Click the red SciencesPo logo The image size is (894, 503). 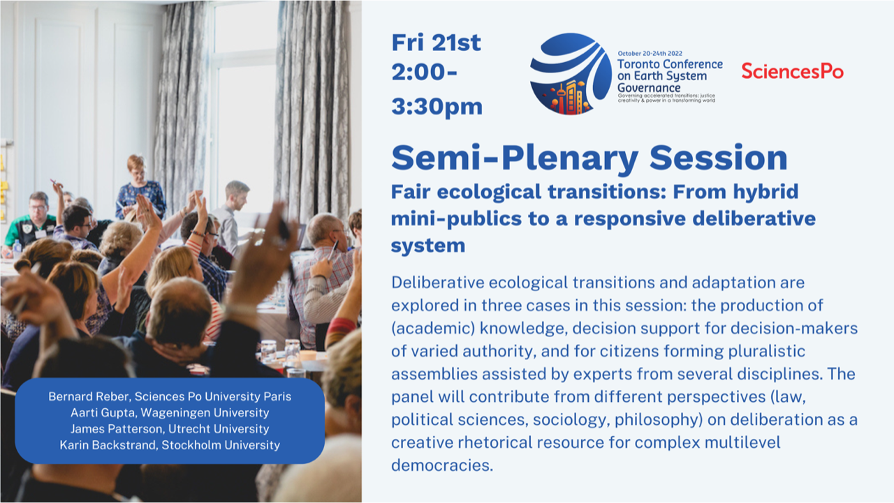792,71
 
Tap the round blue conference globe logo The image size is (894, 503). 571,74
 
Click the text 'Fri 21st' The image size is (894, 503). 437,43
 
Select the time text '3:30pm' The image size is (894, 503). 437,107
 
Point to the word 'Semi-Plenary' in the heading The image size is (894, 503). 515,158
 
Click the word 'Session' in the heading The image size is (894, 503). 719,158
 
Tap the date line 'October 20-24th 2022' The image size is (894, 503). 650,54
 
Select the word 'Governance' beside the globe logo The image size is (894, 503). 649,88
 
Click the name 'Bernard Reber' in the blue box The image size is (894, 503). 89,396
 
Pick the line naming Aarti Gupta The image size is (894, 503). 170,412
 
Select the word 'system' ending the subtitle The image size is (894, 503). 428,246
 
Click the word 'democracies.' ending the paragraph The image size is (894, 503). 442,465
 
